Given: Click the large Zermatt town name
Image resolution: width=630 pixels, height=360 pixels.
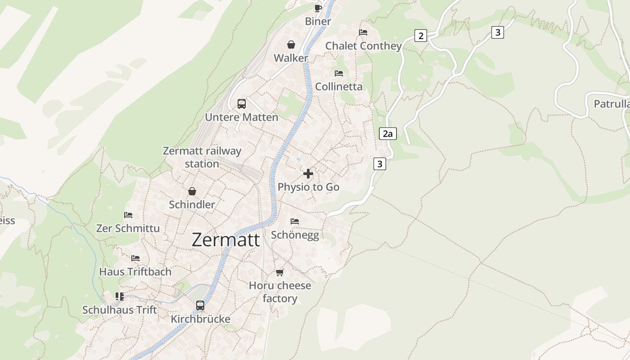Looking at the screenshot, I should tap(226, 240).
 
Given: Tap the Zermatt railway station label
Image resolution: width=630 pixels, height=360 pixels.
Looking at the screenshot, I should tap(202, 157).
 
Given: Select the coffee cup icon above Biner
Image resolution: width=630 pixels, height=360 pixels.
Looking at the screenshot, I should tap(318, 8).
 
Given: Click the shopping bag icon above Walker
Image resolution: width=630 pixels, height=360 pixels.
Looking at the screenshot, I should tap(291, 45).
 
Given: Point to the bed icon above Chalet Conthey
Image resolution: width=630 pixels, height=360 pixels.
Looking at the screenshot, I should tap(363, 32).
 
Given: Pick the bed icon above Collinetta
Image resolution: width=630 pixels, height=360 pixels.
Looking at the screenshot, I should tap(339, 73).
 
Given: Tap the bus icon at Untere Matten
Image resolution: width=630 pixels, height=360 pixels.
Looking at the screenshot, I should tap(242, 104).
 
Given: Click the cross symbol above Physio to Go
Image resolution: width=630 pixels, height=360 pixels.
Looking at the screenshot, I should tap(308, 174).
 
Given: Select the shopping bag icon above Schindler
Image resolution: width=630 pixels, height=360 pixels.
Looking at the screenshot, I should tap(192, 191).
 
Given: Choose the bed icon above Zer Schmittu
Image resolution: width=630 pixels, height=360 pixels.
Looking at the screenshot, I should tap(128, 215).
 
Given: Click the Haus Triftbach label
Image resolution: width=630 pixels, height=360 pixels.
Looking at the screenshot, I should tap(135, 272).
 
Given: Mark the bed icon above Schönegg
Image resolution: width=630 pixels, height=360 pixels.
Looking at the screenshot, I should tap(295, 221).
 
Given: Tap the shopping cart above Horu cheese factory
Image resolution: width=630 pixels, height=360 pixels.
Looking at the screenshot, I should tap(280, 272).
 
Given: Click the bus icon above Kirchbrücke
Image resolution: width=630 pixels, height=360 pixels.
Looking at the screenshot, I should tap(200, 306).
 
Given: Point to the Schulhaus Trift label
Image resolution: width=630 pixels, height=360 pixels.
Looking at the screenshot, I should tap(120, 310).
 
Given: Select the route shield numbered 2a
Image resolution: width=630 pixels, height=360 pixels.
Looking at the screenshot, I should tap(387, 134).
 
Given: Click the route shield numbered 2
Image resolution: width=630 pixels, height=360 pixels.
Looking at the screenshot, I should tap(420, 36).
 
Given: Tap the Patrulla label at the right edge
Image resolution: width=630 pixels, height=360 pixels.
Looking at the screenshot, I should tap(611, 104).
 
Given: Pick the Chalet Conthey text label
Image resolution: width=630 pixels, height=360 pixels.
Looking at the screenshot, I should tap(363, 46).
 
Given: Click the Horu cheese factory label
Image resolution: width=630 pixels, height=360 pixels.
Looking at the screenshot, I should tap(280, 292).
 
